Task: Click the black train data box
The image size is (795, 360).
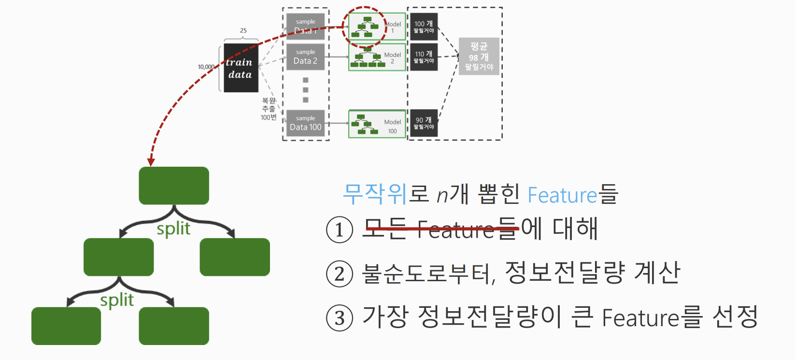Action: [x=241, y=68]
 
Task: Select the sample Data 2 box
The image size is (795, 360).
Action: [x=305, y=57]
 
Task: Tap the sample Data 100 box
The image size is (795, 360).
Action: [x=305, y=123]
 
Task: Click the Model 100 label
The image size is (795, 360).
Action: [x=392, y=126]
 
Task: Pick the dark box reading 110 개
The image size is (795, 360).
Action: [x=424, y=57]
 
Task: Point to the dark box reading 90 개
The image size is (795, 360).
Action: [x=424, y=123]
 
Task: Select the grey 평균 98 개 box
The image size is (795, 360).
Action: [x=479, y=57]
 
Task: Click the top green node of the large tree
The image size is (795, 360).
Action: [x=174, y=186]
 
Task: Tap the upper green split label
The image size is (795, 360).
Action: [x=173, y=229]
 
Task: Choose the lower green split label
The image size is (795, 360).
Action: [x=117, y=300]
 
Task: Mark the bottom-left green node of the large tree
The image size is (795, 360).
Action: [x=66, y=326]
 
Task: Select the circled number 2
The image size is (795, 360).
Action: [x=340, y=274]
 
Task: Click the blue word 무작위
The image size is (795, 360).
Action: [x=375, y=194]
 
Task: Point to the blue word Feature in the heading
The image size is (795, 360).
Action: [x=562, y=195]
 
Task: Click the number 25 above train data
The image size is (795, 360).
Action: [x=243, y=30]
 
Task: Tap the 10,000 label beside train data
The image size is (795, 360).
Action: [x=206, y=67]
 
